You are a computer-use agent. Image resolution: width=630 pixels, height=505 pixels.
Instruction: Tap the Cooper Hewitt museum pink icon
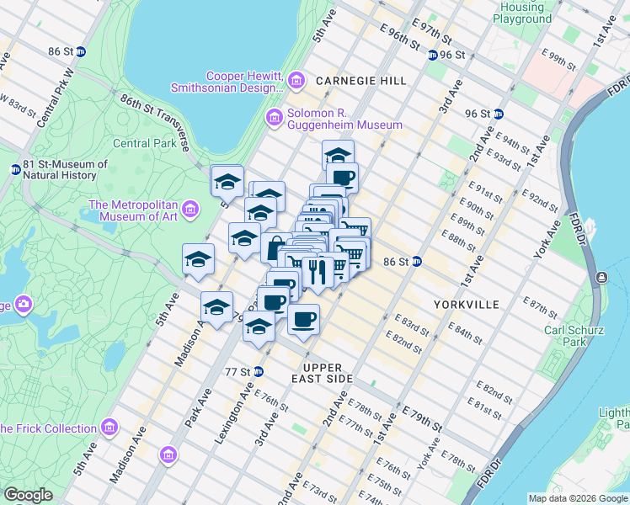click(x=296, y=81)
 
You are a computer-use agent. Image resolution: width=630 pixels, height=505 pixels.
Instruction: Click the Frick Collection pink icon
click(x=108, y=428)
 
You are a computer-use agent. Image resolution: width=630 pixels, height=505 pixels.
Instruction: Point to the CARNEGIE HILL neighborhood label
click(x=361, y=81)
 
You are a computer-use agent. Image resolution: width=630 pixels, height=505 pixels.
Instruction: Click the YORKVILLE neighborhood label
click(x=466, y=304)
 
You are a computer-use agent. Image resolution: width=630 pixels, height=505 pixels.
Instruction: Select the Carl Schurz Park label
click(x=564, y=336)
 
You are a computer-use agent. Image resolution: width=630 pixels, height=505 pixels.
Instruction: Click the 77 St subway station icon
click(x=259, y=371)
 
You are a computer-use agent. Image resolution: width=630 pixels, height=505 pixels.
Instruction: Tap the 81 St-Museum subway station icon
click(x=15, y=169)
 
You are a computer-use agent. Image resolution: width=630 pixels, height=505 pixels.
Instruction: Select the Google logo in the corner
click(x=28, y=495)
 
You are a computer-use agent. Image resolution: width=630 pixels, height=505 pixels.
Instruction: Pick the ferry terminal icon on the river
click(x=602, y=277)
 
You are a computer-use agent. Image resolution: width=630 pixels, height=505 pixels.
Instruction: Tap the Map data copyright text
click(x=578, y=498)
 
